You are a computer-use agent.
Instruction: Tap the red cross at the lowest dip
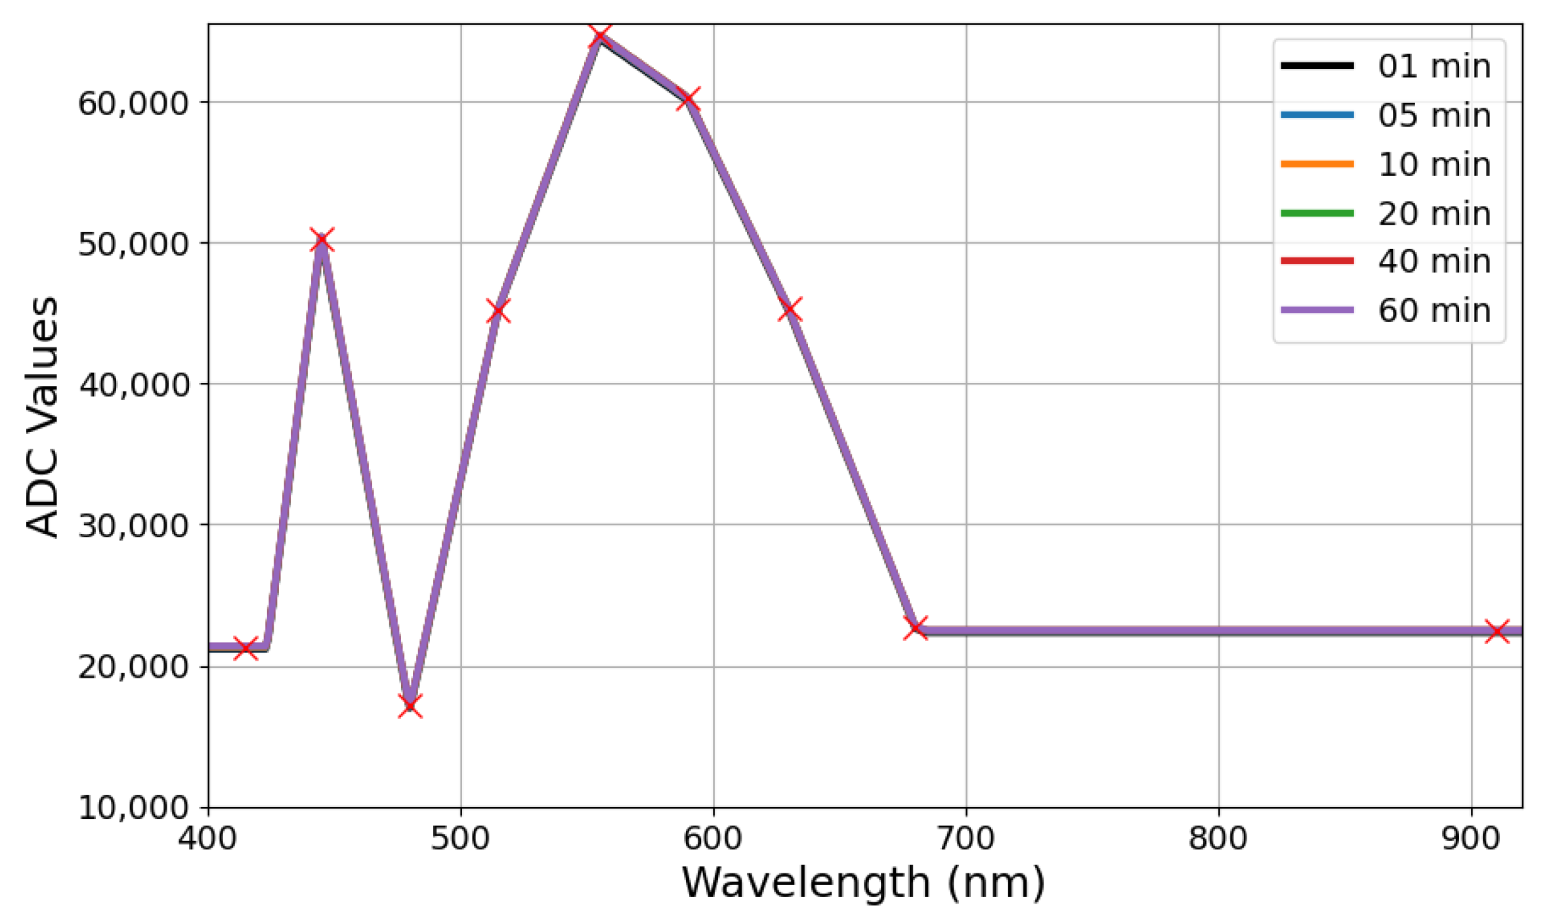point(410,706)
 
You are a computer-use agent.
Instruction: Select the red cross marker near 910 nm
point(1497,631)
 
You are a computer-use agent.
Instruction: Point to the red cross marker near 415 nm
point(245,648)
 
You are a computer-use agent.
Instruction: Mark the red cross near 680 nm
point(916,628)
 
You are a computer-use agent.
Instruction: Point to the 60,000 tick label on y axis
point(134,103)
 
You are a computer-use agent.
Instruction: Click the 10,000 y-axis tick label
point(134,807)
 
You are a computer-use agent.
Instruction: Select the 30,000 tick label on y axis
point(134,525)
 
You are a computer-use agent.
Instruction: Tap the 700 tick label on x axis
point(966,839)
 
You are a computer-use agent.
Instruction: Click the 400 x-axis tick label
point(208,839)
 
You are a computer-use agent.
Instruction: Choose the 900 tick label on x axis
point(1471,839)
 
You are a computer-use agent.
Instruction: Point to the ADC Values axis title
point(43,417)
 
